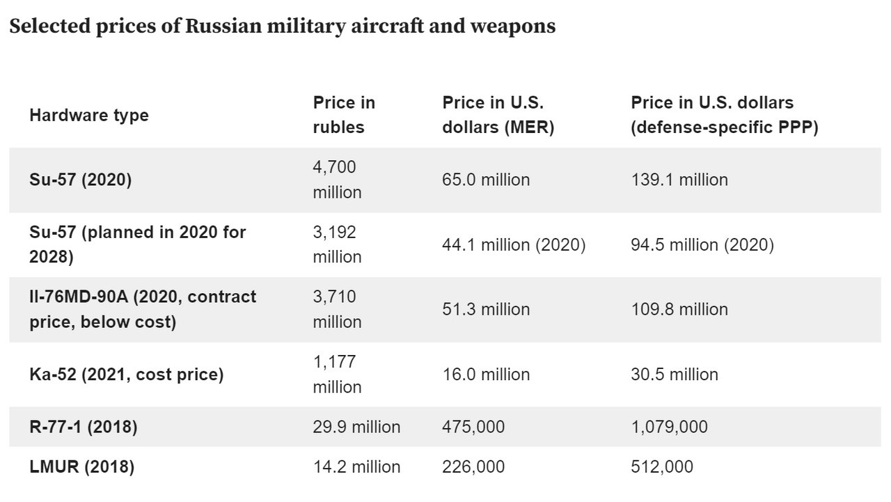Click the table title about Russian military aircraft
tap(282, 26)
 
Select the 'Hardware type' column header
tap(89, 115)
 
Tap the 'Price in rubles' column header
tap(344, 115)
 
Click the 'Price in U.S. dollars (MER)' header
tap(498, 115)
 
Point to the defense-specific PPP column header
tap(724, 115)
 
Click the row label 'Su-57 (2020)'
tap(80, 180)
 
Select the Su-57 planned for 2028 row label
tap(138, 244)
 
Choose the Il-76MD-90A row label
tap(143, 309)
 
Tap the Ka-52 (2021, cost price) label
tap(126, 375)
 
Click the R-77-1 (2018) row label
tap(83, 427)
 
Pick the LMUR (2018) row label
tap(81, 466)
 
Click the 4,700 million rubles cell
tap(337, 180)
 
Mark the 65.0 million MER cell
tap(486, 180)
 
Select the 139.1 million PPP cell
tap(679, 180)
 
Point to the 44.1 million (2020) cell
tap(514, 245)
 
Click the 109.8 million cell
tap(679, 309)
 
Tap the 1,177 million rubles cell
tap(337, 375)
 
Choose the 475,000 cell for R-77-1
tap(473, 427)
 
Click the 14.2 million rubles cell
tap(356, 466)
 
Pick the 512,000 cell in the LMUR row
tap(662, 466)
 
